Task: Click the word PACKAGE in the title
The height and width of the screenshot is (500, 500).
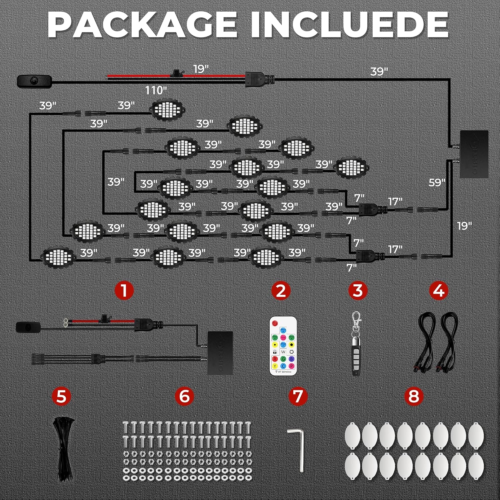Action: click(x=142, y=25)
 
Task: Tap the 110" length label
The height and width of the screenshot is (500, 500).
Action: click(x=156, y=90)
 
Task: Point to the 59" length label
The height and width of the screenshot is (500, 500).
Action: click(x=437, y=183)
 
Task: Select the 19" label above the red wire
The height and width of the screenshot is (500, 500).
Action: click(x=201, y=69)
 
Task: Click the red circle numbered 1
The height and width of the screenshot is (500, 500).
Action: click(x=124, y=290)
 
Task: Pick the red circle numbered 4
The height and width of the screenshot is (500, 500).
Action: click(x=438, y=290)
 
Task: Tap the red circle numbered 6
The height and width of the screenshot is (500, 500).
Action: click(x=184, y=396)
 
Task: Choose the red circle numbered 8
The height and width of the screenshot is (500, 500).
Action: click(x=413, y=396)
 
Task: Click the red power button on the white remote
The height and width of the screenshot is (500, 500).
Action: click(x=275, y=323)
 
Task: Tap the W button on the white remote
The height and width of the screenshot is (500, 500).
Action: click(x=283, y=352)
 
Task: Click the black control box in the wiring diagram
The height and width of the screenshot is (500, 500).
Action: click(x=474, y=154)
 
